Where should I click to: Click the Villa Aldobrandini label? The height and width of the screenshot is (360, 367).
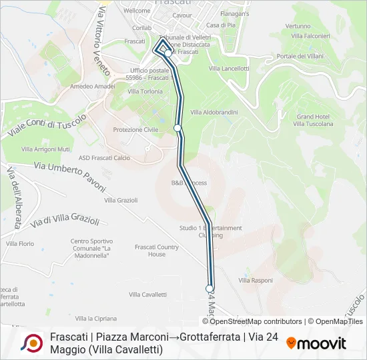pyautogui.click(x=214, y=112)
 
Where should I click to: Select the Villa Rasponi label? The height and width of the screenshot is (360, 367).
pyautogui.click(x=256, y=280)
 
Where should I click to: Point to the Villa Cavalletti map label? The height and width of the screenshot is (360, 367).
pyautogui.click(x=147, y=294)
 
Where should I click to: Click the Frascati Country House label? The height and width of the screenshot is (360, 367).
pyautogui.click(x=157, y=251)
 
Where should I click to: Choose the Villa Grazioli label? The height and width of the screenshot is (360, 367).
pyautogui.click(x=121, y=200)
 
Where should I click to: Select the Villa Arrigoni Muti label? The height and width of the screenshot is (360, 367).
pyautogui.click(x=46, y=149)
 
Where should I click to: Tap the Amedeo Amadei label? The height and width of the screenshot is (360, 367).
pyautogui.click(x=93, y=86)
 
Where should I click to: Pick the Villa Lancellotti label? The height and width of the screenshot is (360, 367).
pyautogui.click(x=229, y=68)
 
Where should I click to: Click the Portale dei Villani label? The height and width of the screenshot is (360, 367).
pyautogui.click(x=296, y=56)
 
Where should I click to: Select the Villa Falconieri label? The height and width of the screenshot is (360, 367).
pyautogui.click(x=311, y=35)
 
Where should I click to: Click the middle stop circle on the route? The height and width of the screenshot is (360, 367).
pyautogui.click(x=177, y=127)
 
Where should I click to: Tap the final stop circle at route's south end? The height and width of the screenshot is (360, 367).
pyautogui.click(x=210, y=288)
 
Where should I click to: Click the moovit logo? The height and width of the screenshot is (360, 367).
pyautogui.click(x=316, y=343)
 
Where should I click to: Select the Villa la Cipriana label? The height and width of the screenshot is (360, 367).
pyautogui.click(x=92, y=319)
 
